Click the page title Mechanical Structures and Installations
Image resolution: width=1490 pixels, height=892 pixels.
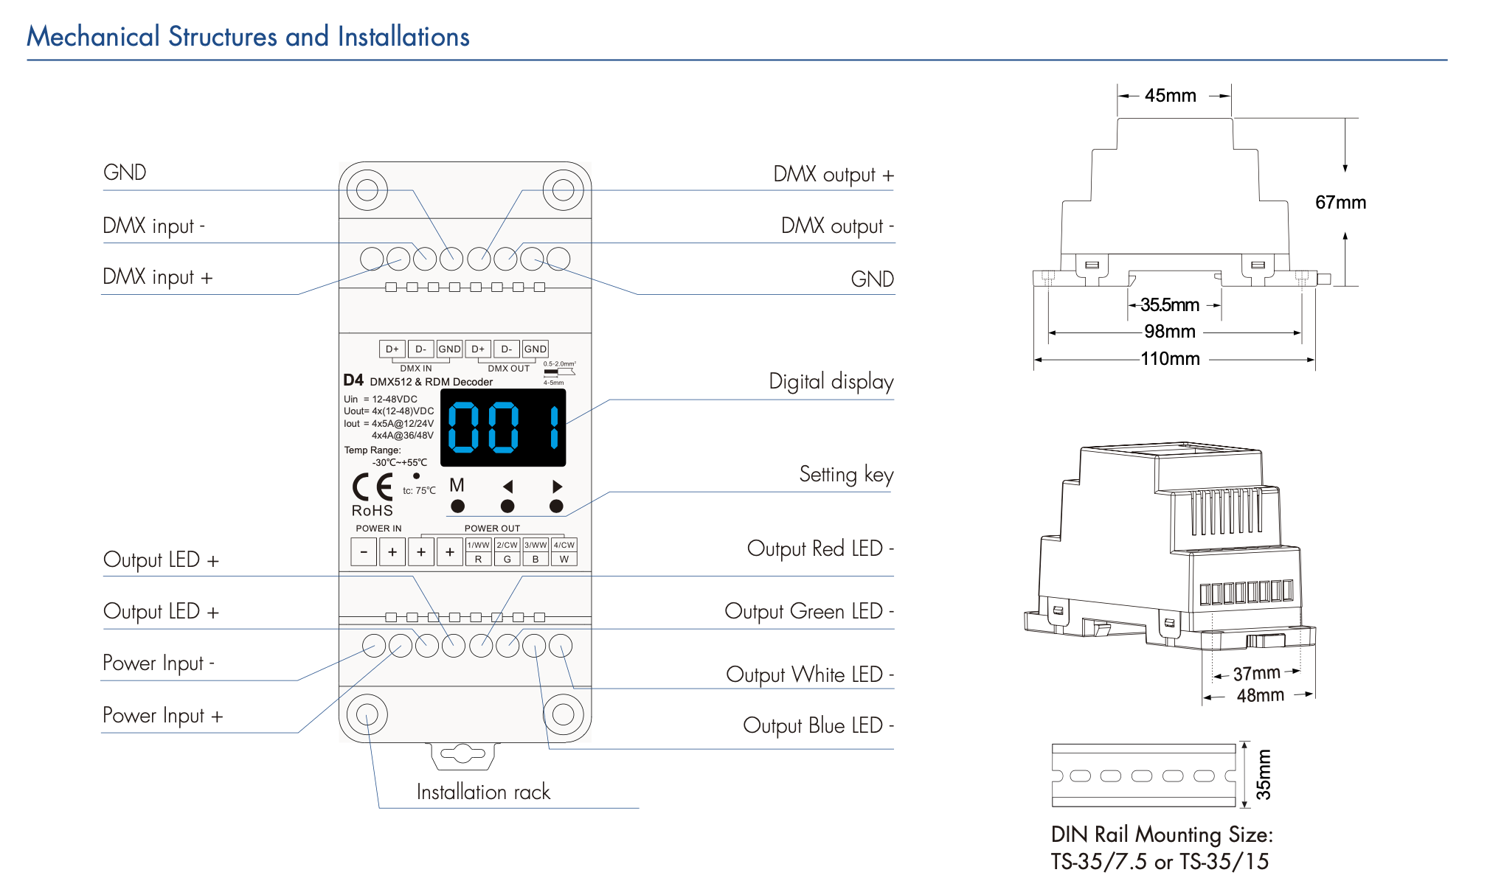(248, 36)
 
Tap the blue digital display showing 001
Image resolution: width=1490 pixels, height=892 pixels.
(503, 428)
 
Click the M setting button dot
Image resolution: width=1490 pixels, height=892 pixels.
(457, 506)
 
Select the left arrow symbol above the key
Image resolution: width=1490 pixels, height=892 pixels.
(507, 487)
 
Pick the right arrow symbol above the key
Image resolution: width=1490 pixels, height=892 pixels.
(557, 487)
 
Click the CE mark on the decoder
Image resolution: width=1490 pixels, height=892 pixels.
(372, 487)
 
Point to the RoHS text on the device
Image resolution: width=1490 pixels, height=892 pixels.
(372, 510)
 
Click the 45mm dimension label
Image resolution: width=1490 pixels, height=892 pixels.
(1170, 96)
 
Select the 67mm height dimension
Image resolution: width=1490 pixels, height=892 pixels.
(1340, 203)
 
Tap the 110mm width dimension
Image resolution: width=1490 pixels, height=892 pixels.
(1170, 359)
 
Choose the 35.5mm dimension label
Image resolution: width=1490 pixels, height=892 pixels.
(1170, 304)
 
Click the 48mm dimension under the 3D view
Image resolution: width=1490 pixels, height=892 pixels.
(1260, 695)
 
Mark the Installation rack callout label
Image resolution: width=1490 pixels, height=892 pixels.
(483, 792)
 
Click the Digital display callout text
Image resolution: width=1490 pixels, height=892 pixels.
(831, 382)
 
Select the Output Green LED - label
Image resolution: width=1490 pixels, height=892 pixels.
(808, 611)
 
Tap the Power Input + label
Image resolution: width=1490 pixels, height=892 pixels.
(162, 715)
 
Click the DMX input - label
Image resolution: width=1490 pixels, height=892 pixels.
(153, 226)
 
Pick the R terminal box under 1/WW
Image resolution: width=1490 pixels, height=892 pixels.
(478, 559)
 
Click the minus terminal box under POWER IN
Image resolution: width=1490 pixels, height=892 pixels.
(364, 551)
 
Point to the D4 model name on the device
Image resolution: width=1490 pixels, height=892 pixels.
(353, 380)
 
